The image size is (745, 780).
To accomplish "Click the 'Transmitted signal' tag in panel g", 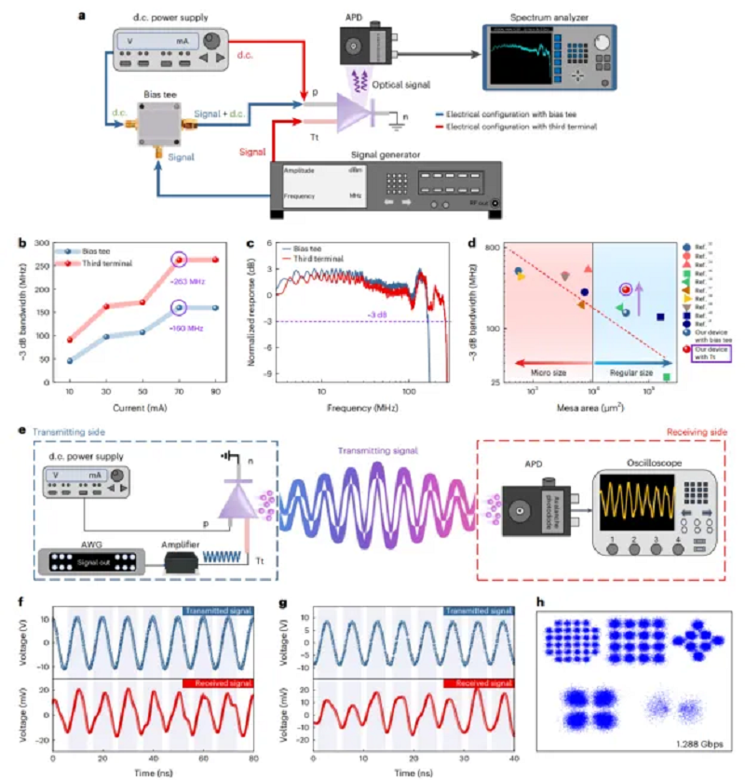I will [480, 611].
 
